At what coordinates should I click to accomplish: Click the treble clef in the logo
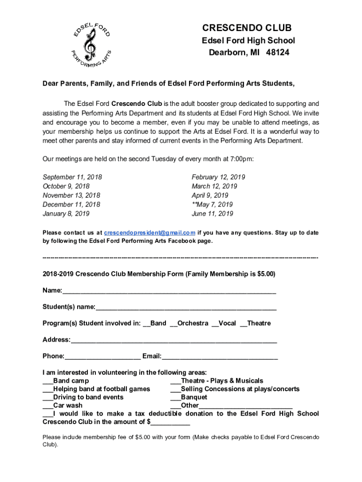pyautogui.click(x=89, y=43)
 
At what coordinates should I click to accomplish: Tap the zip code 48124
pyautogui.click(x=277, y=52)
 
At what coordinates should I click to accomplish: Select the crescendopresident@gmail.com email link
pyautogui.click(x=150, y=233)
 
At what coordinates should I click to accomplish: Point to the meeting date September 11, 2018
pyautogui.click(x=72, y=177)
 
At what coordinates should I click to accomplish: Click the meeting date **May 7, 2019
pyautogui.click(x=212, y=205)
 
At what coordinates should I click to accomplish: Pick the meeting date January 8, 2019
pyautogui.click(x=66, y=214)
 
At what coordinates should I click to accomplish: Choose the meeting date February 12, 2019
pyautogui.click(x=218, y=177)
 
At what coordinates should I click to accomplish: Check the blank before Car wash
pyautogui.click(x=47, y=406)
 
